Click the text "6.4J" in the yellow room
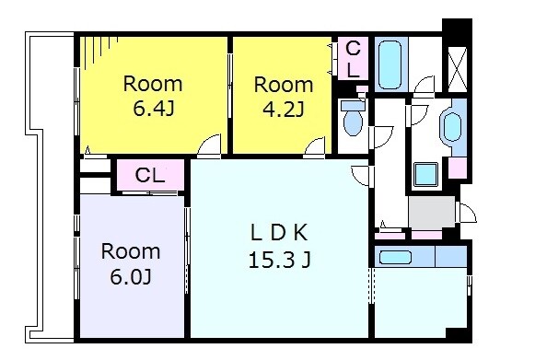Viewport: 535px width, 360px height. tap(154, 110)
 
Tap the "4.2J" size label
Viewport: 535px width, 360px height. tap(284, 110)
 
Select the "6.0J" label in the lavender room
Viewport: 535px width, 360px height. tap(131, 277)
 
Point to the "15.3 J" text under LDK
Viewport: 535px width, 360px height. tap(279, 261)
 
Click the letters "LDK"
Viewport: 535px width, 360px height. tap(279, 233)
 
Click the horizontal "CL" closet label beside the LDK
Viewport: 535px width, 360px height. tap(150, 175)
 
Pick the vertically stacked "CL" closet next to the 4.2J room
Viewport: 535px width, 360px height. tap(354, 59)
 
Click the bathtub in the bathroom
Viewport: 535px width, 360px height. tap(391, 64)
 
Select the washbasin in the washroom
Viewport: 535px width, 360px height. tap(452, 127)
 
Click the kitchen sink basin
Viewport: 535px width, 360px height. tap(395, 257)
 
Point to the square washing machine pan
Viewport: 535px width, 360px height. tap(425, 174)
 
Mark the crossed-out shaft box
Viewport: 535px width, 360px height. tap(458, 69)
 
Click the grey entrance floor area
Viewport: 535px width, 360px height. tap(432, 213)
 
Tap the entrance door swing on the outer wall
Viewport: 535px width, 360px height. tap(467, 213)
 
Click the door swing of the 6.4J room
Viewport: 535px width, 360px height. tap(209, 145)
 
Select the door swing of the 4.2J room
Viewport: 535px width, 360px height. tap(314, 146)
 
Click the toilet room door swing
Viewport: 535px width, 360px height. tap(383, 137)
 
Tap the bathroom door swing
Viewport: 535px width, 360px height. tap(424, 85)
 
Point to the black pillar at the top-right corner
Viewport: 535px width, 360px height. tap(458, 27)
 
